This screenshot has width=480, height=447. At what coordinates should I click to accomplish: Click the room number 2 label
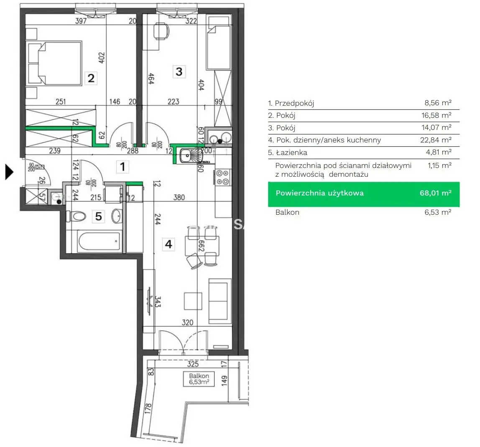(91, 78)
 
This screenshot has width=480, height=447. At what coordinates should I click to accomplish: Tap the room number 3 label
(179, 71)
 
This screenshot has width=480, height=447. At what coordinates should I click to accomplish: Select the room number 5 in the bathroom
(98, 216)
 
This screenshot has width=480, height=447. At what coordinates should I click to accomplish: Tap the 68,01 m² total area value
(435, 193)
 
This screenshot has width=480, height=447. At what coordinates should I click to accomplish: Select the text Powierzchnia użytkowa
(319, 193)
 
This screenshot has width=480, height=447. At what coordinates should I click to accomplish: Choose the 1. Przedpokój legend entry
(291, 103)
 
